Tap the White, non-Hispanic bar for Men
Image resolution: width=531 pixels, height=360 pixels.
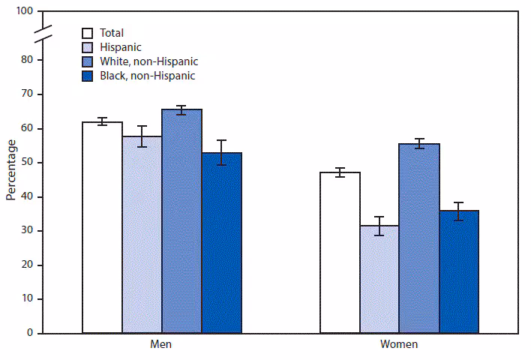181,221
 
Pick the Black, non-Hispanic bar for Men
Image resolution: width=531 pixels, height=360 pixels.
221,243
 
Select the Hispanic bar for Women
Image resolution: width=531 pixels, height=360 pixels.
379,279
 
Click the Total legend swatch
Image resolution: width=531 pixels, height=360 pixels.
88,33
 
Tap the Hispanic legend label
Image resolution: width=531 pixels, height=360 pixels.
121,47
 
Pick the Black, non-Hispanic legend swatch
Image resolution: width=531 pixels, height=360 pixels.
88,76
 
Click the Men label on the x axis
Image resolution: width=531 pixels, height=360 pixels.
161,345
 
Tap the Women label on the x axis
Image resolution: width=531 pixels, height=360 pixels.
399,345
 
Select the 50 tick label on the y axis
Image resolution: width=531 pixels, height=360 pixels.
27,163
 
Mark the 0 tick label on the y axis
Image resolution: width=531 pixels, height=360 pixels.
29,333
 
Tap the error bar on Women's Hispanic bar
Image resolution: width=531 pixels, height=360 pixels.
379,226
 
